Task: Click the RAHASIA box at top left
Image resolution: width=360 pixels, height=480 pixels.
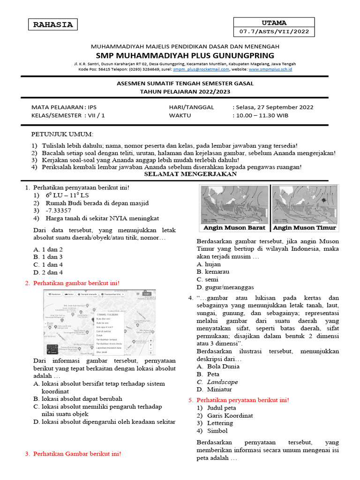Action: click(53, 25)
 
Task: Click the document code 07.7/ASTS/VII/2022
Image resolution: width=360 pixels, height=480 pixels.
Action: click(274, 32)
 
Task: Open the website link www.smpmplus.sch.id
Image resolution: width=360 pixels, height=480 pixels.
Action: click(270, 69)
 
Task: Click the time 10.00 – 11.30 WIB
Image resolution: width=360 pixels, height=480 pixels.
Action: click(262, 115)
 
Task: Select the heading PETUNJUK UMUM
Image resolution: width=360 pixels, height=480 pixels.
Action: click(62, 134)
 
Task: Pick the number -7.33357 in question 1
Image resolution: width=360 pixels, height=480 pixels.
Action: click(59, 210)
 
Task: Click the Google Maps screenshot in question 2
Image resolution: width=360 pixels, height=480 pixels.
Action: click(99, 322)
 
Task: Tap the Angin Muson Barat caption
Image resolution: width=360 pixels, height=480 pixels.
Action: click(234, 228)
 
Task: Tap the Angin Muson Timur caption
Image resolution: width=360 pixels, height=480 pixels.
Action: click(305, 228)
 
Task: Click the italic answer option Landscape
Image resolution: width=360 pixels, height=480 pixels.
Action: click(222, 382)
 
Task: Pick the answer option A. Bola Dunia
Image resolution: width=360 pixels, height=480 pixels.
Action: click(218, 367)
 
